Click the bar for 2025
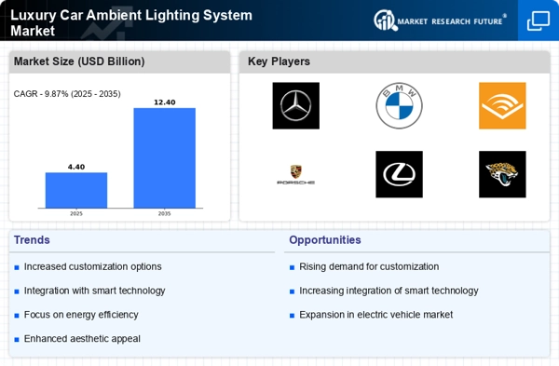point(76,190)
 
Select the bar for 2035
point(164,158)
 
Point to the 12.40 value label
point(164,102)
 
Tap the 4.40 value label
point(76,167)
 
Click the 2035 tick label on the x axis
point(164,214)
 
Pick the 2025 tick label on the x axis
point(76,214)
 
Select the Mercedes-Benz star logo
point(296,105)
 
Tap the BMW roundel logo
point(399,105)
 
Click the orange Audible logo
point(502,105)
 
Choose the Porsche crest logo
point(296,174)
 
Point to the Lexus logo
point(399,174)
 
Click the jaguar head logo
point(502,174)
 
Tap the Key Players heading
point(279,61)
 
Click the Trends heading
point(32,240)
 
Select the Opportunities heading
point(325,240)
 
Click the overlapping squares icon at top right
point(539,20)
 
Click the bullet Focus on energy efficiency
point(81,315)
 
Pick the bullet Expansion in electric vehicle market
point(376,315)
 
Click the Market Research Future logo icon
point(385,20)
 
